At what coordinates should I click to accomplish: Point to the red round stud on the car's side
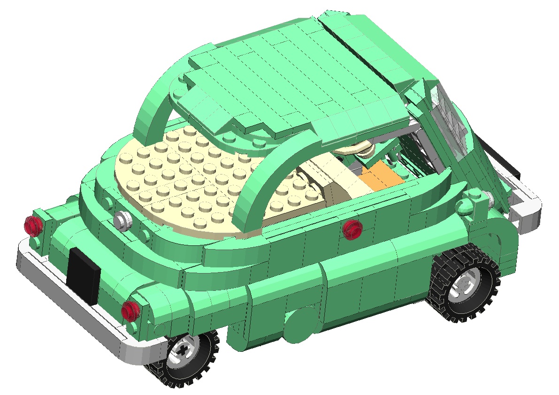click(x=352, y=229)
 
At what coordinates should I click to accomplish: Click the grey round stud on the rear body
click(x=123, y=220)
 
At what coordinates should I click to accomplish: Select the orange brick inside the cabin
click(x=381, y=176)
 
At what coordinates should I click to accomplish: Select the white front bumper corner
click(x=526, y=213)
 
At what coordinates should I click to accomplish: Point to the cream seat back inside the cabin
click(x=338, y=183)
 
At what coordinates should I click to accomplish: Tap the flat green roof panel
click(x=291, y=80)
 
